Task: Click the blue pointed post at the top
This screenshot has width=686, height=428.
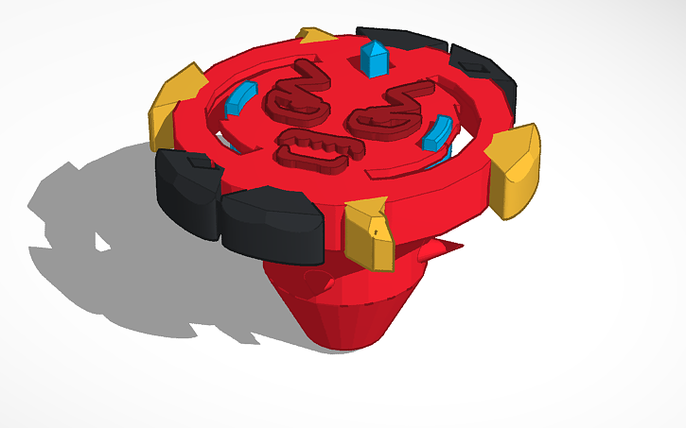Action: click(374, 59)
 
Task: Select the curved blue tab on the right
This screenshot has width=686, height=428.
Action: click(437, 133)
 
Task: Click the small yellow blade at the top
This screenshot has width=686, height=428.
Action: click(317, 36)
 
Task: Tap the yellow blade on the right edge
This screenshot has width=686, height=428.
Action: click(515, 164)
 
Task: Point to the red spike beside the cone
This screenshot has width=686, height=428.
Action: click(439, 249)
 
